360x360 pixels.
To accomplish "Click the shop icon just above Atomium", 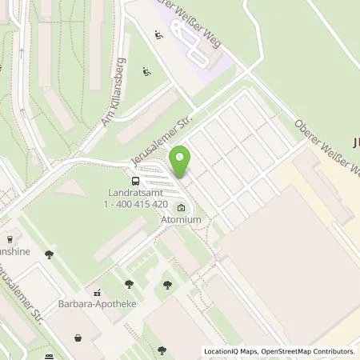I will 182,209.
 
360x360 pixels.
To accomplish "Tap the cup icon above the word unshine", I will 10,238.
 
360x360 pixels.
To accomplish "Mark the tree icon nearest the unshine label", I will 50,254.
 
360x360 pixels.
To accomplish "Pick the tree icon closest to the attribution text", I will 162,349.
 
